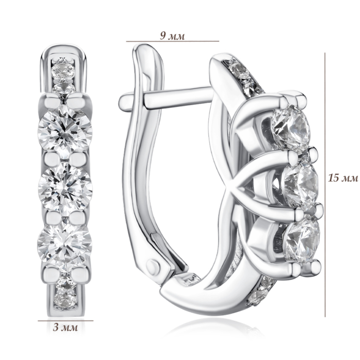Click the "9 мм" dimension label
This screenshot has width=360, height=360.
click(172, 36)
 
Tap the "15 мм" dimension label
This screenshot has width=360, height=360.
click(343, 178)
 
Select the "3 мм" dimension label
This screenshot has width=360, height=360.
click(65, 327)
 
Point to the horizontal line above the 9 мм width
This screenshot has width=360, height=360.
click(172, 41)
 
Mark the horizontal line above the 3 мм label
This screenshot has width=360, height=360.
click(66, 320)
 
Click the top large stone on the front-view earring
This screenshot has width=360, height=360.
click(65, 131)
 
